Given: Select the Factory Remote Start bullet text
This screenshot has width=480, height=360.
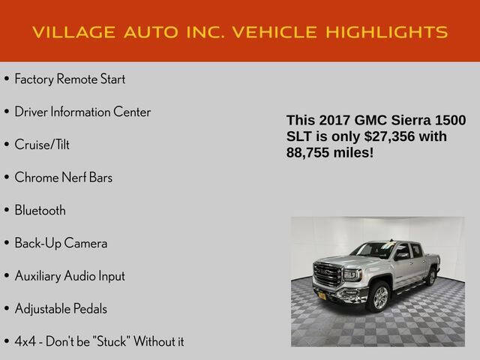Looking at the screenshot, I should pyautogui.click(x=70, y=79).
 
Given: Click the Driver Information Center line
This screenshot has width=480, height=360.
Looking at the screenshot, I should pyautogui.click(x=82, y=112).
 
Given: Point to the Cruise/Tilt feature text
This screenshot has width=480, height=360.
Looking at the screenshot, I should pyautogui.click(x=42, y=144).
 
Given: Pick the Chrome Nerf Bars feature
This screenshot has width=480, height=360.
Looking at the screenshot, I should pyautogui.click(x=64, y=177).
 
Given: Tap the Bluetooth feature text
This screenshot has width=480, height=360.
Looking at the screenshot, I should pyautogui.click(x=40, y=210).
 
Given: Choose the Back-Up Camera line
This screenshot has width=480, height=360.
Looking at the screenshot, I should pyautogui.click(x=61, y=243).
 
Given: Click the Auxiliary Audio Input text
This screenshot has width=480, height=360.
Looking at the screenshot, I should pyautogui.click(x=70, y=276).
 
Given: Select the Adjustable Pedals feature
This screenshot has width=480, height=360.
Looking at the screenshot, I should pyautogui.click(x=61, y=308).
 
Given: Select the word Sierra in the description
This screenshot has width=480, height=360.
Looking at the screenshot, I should pyautogui.click(x=412, y=121).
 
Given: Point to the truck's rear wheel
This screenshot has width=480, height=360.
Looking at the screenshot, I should pyautogui.click(x=431, y=277).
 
